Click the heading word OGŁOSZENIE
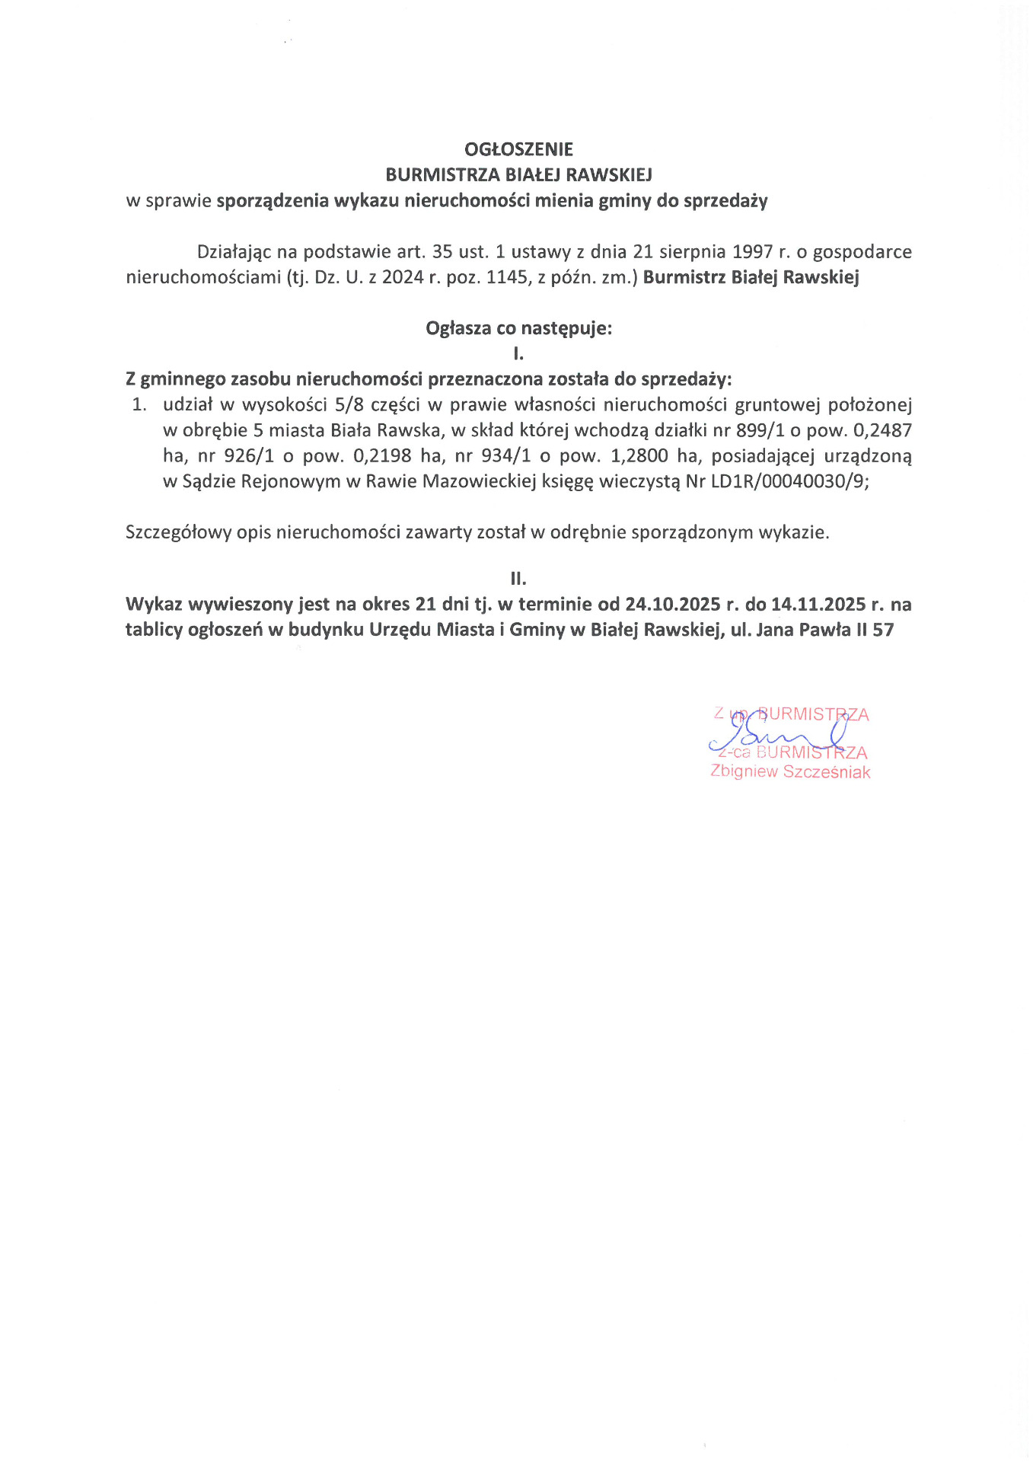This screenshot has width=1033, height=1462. (x=518, y=149)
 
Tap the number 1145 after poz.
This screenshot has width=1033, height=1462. (x=506, y=277)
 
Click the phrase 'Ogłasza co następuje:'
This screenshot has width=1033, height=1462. (x=518, y=328)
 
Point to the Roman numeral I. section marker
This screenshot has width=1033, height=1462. (x=518, y=353)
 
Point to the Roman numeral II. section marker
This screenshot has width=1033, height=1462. (x=518, y=579)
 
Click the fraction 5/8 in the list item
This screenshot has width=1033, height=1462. (x=349, y=405)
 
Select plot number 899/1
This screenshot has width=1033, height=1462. (x=760, y=430)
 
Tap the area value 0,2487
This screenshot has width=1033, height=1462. (x=882, y=430)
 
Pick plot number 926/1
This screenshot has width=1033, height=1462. (x=249, y=456)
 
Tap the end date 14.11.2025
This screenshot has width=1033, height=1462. (x=818, y=605)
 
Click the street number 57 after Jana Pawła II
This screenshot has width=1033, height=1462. (x=883, y=630)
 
